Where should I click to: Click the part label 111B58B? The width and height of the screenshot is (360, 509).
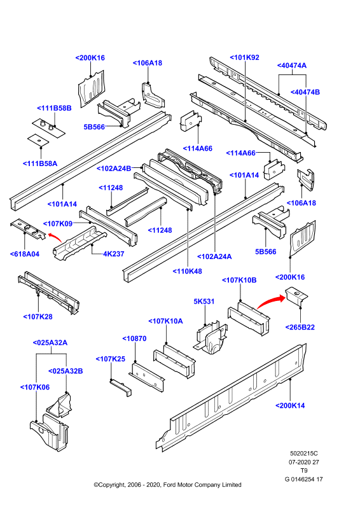pyautogui.click(x=54, y=108)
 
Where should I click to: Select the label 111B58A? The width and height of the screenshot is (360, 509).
pyautogui.click(x=40, y=164)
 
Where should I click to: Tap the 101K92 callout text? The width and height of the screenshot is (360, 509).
pyautogui.click(x=245, y=57)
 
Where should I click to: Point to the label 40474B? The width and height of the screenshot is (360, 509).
pyautogui.click(x=305, y=92)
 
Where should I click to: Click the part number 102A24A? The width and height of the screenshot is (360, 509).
pyautogui.click(x=214, y=257)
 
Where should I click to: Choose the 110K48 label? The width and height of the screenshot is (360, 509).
pyautogui.click(x=187, y=272)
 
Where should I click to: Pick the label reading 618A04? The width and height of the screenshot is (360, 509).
pyautogui.click(x=25, y=254)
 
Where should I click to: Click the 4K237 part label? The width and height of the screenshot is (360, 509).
pyautogui.click(x=114, y=254)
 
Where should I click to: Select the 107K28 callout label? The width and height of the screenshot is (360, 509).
pyautogui.click(x=38, y=317)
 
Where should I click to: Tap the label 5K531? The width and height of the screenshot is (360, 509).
pyautogui.click(x=204, y=302)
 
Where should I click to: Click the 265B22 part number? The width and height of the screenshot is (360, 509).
pyautogui.click(x=300, y=327)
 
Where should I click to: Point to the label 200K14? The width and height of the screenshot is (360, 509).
pyautogui.click(x=290, y=406)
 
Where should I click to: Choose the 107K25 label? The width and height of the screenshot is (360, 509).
pyautogui.click(x=111, y=359)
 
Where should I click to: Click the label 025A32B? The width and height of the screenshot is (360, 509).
pyautogui.click(x=66, y=371)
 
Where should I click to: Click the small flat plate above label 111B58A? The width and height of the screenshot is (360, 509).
pyautogui.click(x=38, y=140)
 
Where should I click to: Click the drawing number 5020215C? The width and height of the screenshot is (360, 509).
pyautogui.click(x=304, y=454)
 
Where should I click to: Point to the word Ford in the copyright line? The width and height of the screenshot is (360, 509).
pyautogui.click(x=170, y=485)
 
